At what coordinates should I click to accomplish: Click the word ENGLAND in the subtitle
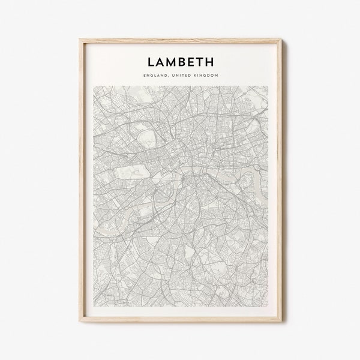tap(156, 76)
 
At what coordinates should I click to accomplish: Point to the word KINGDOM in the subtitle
tap(205, 76)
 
